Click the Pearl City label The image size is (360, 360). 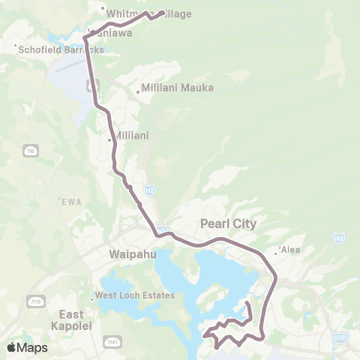[x=229, y=223]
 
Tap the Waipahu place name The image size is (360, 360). [x=133, y=254]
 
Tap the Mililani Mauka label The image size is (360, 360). [x=178, y=88]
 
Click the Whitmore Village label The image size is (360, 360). [x=149, y=13]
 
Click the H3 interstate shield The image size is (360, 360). [x=338, y=238]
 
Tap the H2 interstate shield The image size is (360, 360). [x=148, y=193]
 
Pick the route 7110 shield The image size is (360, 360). [x=36, y=280]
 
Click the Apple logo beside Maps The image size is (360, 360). [x=11, y=347]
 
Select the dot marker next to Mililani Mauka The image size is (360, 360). [x=138, y=93]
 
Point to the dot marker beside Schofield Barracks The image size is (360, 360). [x=16, y=47]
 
